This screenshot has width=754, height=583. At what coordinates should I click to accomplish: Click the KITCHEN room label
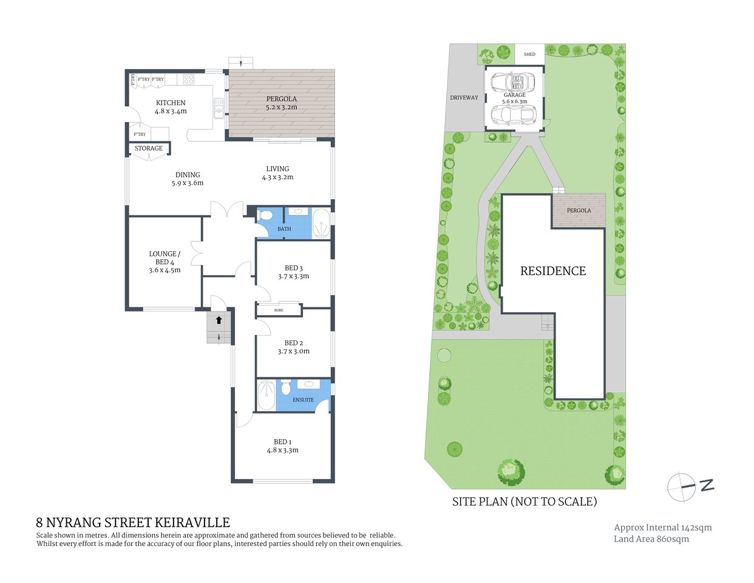pos(171,103)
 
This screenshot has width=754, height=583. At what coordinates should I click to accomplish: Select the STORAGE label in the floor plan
pos(149,148)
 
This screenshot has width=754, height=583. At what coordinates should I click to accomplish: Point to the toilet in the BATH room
pos(265,216)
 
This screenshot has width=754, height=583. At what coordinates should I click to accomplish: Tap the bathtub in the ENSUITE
pos(266,395)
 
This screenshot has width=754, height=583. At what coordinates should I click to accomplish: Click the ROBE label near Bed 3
pos(279,310)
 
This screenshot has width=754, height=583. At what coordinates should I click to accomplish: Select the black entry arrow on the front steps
pos(219,319)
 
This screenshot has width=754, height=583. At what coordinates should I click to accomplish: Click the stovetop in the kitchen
pos(188,79)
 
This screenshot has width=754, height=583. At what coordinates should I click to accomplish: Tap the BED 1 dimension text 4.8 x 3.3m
pos(282,451)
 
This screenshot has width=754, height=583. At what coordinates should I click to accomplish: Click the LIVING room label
pos(277,169)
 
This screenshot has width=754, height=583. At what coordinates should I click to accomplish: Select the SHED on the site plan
pos(529,54)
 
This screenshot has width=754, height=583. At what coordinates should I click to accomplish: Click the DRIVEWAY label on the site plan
pos(464,98)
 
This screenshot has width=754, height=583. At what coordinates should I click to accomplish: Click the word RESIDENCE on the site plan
pos(553,271)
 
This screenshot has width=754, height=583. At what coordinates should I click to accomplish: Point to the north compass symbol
pos(683,486)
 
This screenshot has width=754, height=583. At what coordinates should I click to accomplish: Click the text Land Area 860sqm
pos(651,539)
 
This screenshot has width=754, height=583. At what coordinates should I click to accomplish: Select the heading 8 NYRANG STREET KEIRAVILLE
pos(133,522)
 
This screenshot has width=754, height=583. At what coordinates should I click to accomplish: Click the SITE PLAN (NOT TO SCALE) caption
pos(525,502)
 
